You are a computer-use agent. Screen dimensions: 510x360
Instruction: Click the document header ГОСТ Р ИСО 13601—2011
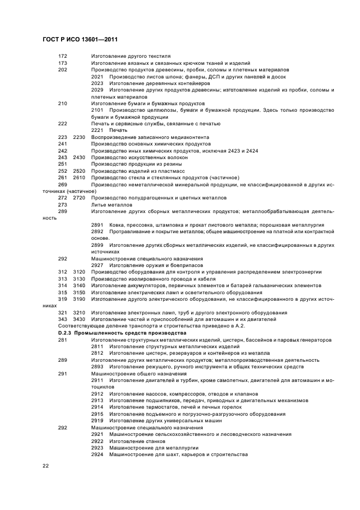tap(80, 39)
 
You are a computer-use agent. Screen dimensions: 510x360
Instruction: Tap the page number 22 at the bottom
tap(46, 466)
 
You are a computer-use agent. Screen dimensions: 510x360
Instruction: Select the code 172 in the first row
tap(63, 56)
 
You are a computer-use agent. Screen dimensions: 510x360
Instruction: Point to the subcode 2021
tap(97, 77)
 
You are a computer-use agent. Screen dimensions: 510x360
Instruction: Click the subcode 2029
tap(97, 90)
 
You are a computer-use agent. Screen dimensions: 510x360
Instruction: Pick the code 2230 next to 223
tap(80, 137)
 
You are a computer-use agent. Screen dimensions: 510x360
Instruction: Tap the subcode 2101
tap(97, 110)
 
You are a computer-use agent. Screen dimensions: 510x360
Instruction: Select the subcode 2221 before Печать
tap(97, 130)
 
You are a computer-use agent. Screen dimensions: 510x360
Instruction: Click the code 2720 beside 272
tap(80, 198)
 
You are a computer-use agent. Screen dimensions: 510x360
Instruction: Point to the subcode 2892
tap(97, 232)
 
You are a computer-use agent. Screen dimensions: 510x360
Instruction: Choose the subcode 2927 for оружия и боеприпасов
tap(97, 265)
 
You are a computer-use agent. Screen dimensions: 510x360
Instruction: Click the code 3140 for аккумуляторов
tap(80, 286)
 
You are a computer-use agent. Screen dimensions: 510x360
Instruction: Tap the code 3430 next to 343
tap(80, 319)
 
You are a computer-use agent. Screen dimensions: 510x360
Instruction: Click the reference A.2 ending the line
tap(239, 326)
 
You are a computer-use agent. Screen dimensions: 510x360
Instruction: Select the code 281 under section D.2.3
tap(63, 339)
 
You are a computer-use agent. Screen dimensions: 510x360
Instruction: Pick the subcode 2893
tap(97, 367)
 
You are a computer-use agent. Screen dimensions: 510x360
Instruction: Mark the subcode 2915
tap(97, 414)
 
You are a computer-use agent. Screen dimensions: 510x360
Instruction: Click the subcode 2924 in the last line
tap(97, 454)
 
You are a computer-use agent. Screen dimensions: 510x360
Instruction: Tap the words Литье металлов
tap(112, 205)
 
